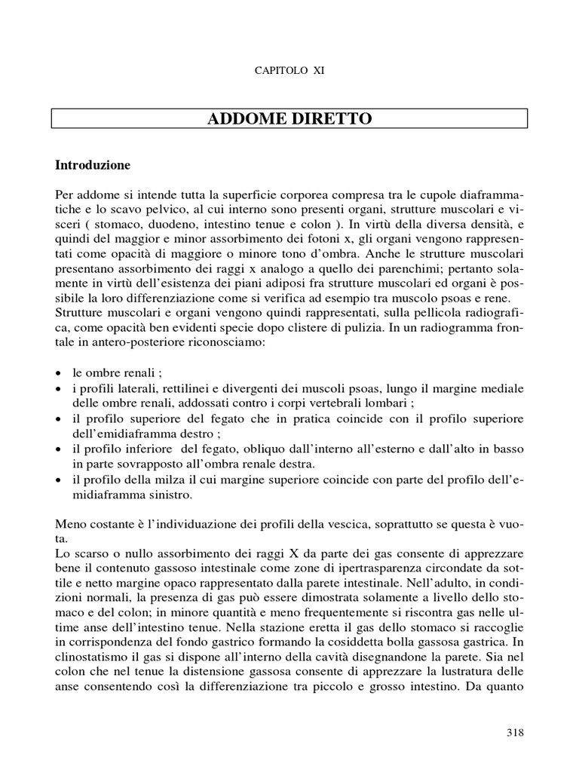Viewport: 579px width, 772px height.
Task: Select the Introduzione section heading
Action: [x=93, y=164]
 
